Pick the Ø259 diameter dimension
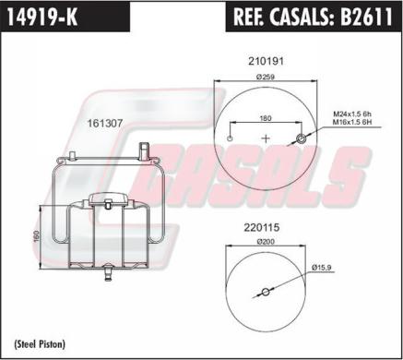267,77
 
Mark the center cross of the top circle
267,138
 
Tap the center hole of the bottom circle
266,293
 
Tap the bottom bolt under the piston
109,273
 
